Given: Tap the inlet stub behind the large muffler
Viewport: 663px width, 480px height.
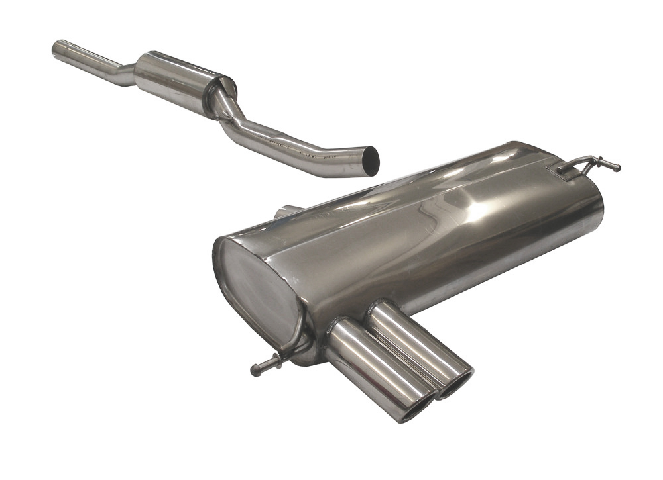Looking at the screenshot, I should pos(286,212).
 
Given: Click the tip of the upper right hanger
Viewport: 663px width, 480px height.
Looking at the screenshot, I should pos(617,168).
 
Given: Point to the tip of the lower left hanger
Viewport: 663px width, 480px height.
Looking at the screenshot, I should pos(255,371).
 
